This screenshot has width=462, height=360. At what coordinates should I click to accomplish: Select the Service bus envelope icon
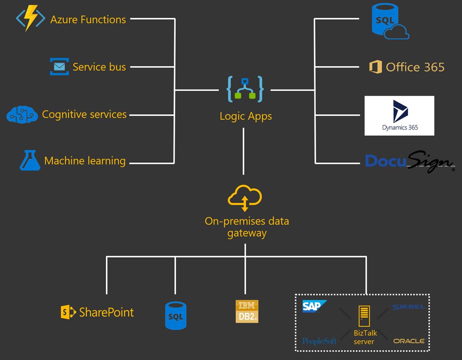(59, 67)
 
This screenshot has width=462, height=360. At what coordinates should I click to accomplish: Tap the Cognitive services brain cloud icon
(21, 114)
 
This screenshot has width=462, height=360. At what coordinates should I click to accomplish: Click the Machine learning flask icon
(30, 160)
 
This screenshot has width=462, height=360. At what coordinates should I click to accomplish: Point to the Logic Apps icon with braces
(245, 89)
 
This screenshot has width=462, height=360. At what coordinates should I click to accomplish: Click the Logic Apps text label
(245, 116)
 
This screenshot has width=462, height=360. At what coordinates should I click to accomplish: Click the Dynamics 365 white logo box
(399, 115)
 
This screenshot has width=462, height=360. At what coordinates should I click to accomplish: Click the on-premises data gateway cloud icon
(245, 198)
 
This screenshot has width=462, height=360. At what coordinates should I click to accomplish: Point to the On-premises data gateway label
(246, 227)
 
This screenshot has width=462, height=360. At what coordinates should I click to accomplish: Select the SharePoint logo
(97, 312)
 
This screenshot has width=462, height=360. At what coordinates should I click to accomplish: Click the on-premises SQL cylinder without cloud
(175, 315)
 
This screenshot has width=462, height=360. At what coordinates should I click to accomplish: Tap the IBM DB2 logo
(247, 311)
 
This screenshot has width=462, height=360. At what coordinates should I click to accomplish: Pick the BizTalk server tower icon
(364, 316)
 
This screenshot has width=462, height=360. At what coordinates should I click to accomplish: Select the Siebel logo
(408, 307)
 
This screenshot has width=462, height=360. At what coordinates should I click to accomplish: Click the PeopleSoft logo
(319, 341)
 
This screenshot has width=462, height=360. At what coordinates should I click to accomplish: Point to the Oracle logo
(409, 341)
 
